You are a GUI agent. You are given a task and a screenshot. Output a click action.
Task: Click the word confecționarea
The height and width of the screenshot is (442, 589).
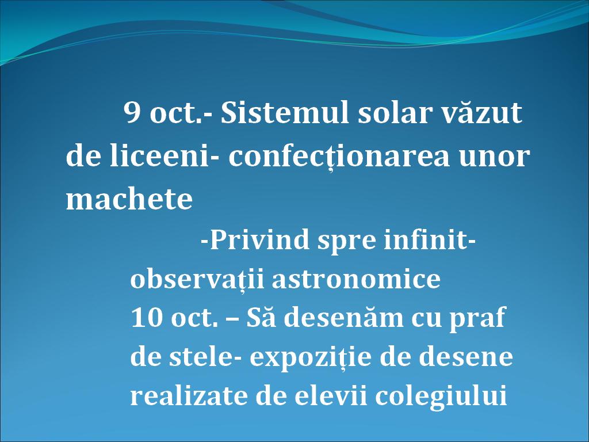(339, 157)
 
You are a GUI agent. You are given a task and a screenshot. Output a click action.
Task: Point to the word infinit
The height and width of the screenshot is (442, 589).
(426, 239)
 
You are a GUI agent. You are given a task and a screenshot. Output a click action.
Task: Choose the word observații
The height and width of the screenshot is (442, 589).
(197, 279)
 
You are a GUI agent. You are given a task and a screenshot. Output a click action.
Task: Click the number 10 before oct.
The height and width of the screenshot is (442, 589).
(147, 318)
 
